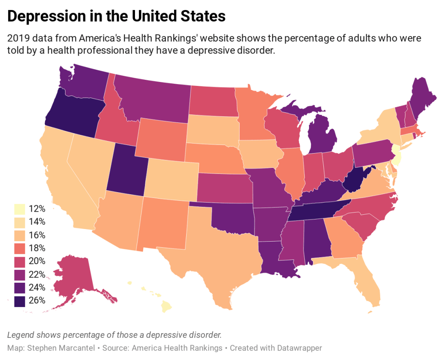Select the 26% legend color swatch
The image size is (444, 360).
(19, 301)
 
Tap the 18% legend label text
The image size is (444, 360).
(36, 248)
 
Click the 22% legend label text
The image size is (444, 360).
(36, 274)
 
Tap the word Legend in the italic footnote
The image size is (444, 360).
(20, 335)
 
